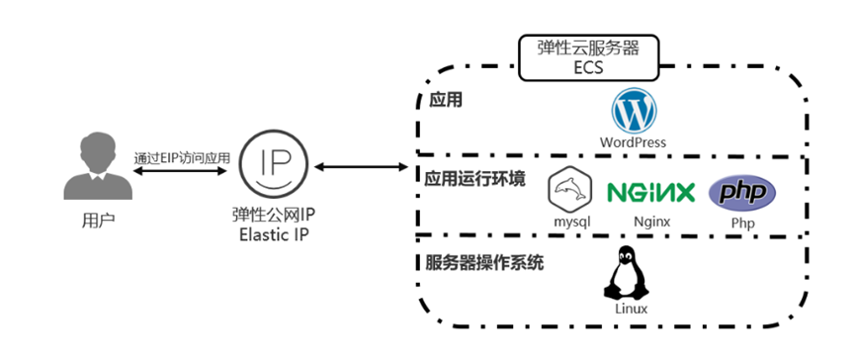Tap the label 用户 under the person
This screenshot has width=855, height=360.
pyautogui.click(x=97, y=219)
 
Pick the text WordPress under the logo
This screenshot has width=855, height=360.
pyautogui.click(x=633, y=142)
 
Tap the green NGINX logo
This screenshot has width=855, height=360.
pyautogui.click(x=649, y=192)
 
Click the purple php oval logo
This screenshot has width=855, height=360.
pyautogui.click(x=742, y=192)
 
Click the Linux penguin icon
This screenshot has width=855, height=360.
pyautogui.click(x=624, y=273)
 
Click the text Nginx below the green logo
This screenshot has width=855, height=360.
pyautogui.click(x=646, y=222)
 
